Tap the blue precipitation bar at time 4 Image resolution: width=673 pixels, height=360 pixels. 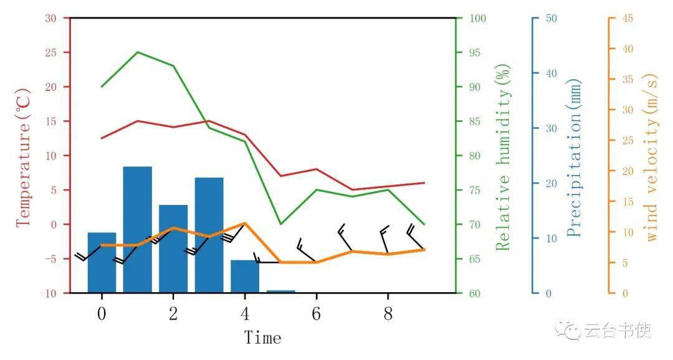[x=245, y=276]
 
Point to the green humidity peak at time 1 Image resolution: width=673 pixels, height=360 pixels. [x=138, y=52]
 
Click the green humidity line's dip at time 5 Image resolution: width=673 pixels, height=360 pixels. [x=280, y=224]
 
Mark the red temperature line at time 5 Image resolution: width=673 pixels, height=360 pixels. [x=280, y=176]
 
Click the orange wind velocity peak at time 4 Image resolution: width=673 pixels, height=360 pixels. [x=245, y=223]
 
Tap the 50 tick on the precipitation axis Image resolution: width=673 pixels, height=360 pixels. [x=551, y=19]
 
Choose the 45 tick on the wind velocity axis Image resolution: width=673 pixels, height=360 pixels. [x=628, y=19]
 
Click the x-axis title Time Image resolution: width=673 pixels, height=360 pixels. [x=262, y=338]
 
